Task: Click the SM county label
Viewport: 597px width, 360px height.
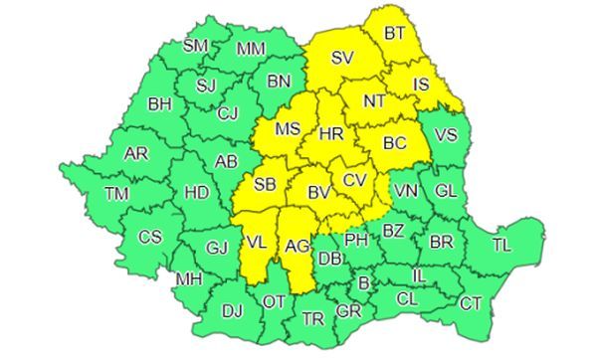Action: point(196,45)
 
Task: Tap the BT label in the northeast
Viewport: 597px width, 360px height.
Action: point(395,33)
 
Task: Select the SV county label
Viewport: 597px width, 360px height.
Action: point(343,57)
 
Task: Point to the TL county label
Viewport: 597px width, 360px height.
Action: point(502,243)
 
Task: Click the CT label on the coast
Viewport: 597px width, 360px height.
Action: point(470,302)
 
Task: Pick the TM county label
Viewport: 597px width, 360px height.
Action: point(116,194)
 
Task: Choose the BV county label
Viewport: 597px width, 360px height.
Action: point(317,193)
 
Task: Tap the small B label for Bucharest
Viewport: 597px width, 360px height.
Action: point(363,284)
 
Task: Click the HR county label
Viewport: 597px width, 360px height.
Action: point(332,133)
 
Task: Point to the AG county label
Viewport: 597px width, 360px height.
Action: point(298,244)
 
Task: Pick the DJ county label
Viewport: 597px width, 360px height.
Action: point(232,311)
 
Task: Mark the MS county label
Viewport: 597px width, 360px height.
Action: point(287,130)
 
